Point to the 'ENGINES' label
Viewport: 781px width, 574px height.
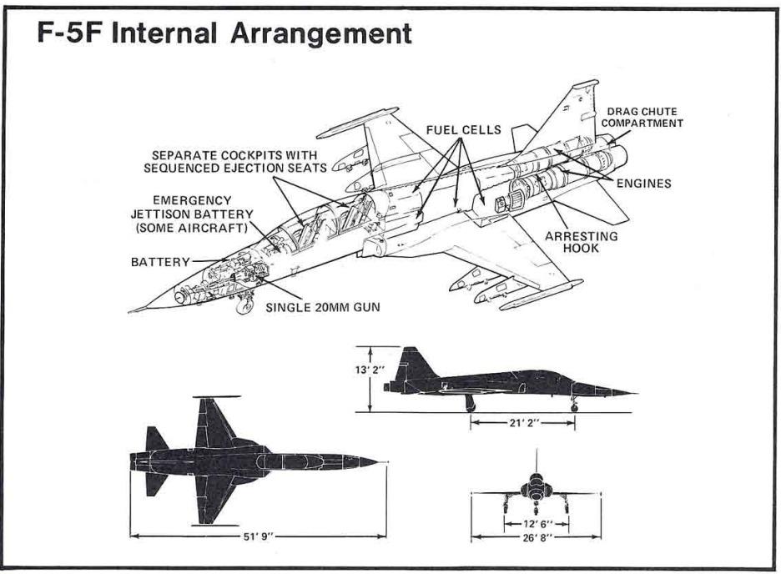643,183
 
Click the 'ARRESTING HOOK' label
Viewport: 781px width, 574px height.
582,242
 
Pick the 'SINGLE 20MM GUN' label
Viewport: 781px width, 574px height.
323,307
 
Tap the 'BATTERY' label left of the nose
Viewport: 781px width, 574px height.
160,262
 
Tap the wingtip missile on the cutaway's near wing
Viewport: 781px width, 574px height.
534,297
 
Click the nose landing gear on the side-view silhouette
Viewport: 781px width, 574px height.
574,405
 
